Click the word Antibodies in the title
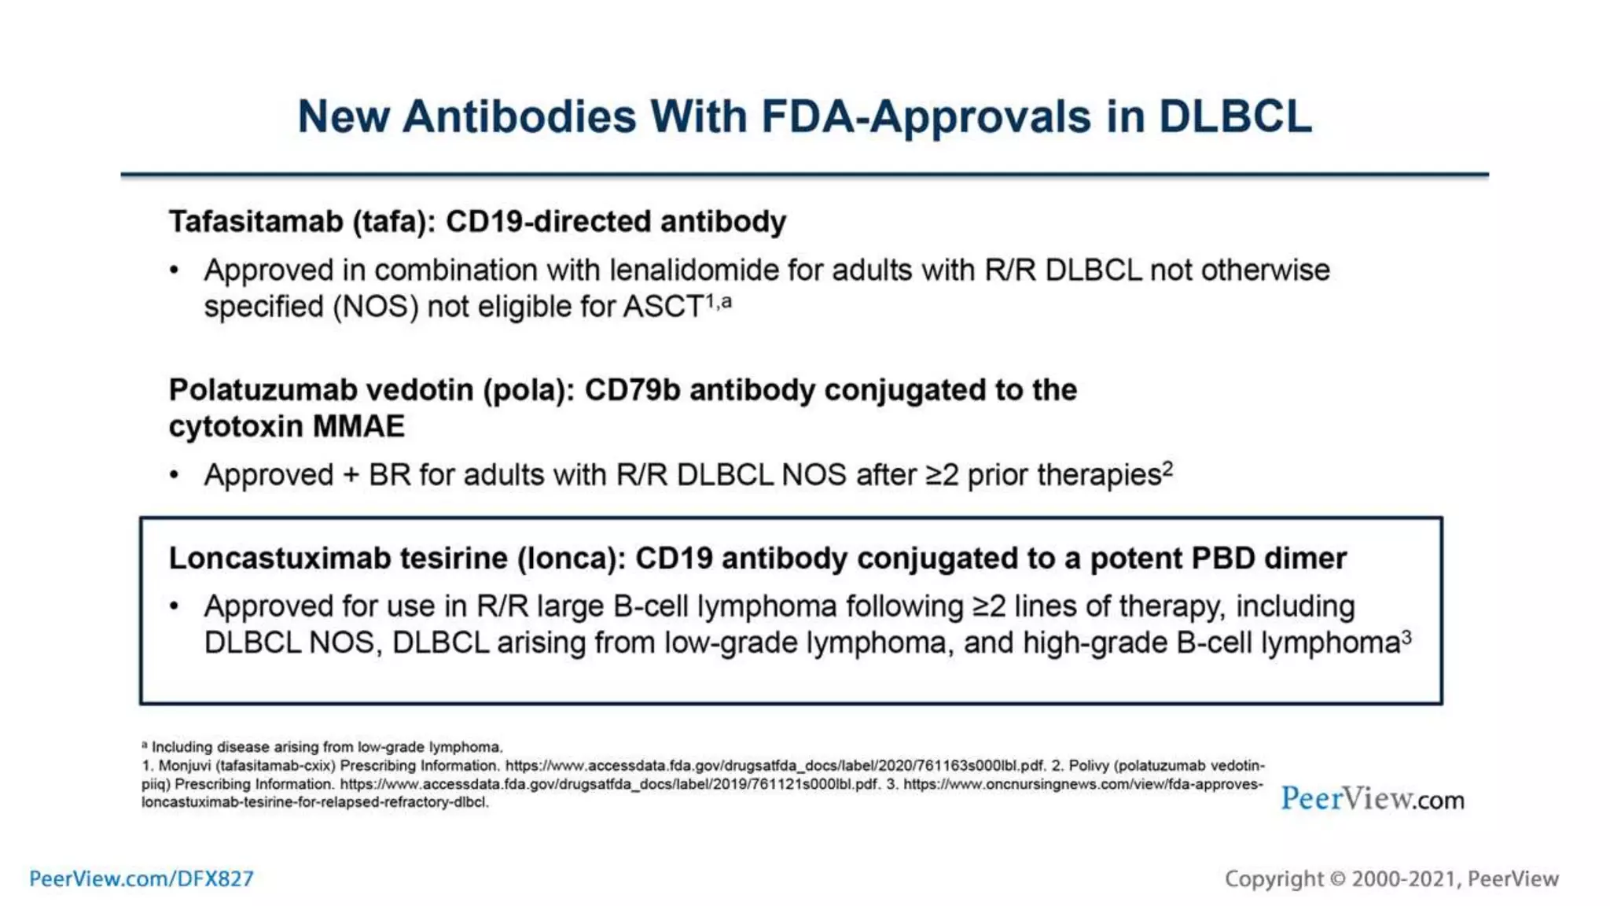pos(520,116)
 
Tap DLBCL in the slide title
pos(1235,116)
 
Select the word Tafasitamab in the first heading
pos(256,222)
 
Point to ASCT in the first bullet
pos(663,307)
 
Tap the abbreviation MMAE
pos(358,426)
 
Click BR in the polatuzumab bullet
pos(390,475)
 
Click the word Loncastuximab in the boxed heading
pos(280,558)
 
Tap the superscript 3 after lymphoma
pos(1406,637)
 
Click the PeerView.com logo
pos(1372,799)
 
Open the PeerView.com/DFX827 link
pos(142,878)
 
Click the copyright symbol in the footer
pos(1337,878)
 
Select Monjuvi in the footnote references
pos(186,765)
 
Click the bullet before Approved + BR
pos(175,475)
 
